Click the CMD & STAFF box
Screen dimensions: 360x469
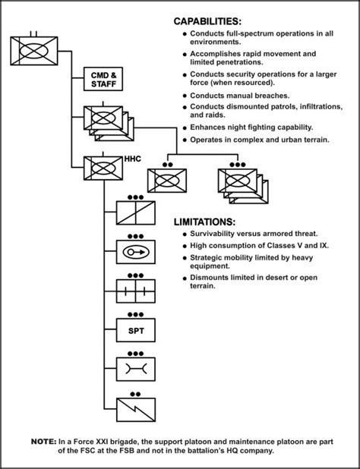pyautogui.click(x=103, y=79)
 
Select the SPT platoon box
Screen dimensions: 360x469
pyautogui.click(x=135, y=330)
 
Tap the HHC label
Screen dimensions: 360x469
pyautogui.click(x=132, y=159)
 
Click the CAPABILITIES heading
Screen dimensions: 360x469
pyautogui.click(x=207, y=21)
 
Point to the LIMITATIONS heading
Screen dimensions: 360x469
pyautogui.click(x=205, y=222)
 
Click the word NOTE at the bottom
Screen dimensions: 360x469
pyautogui.click(x=43, y=442)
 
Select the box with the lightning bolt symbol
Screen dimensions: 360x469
pyautogui.click(x=135, y=410)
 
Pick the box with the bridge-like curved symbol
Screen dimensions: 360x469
pyautogui.click(x=135, y=369)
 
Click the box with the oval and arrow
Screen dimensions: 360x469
pyautogui.click(x=135, y=252)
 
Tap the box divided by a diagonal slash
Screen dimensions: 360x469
pyautogui.click(x=135, y=212)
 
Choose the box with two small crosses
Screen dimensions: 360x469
pyautogui.click(x=135, y=291)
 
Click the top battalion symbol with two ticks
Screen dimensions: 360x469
pyautogui.click(x=34, y=51)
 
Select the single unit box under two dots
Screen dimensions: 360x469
pyautogui.click(x=167, y=181)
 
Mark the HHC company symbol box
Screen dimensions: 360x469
pyautogui.click(x=103, y=168)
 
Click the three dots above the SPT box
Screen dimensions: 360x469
pyautogui.click(x=135, y=315)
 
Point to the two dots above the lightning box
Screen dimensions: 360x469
pyautogui.click(x=135, y=394)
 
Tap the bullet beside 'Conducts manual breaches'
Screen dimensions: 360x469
pyautogui.click(x=185, y=96)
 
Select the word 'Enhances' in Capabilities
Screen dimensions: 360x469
pyautogui.click(x=204, y=127)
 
